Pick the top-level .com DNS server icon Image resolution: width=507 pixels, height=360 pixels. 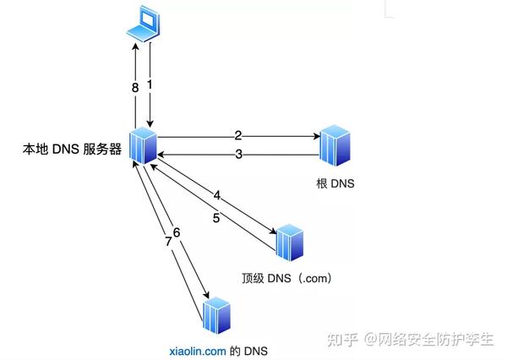coord(290,243)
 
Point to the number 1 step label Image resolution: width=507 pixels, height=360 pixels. coord(150,85)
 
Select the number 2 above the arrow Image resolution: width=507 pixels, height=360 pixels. coord(238,134)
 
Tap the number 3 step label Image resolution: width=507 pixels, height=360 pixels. coord(238,154)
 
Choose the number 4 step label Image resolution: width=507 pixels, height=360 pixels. coord(217,196)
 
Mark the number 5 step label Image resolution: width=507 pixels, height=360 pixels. coord(216,217)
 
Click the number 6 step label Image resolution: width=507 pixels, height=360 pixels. coord(177,232)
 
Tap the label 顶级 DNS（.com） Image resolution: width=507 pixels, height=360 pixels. coord(284,278)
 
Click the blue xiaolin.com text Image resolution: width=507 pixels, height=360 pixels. coord(196,348)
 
